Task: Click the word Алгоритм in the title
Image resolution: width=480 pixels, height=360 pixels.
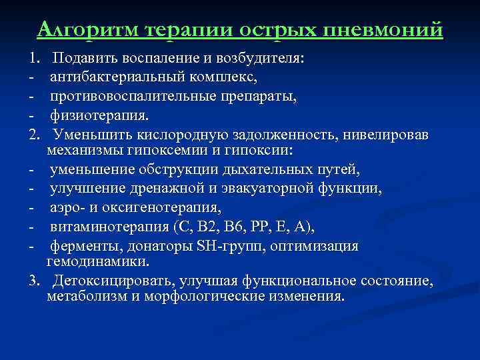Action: tap(88, 30)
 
